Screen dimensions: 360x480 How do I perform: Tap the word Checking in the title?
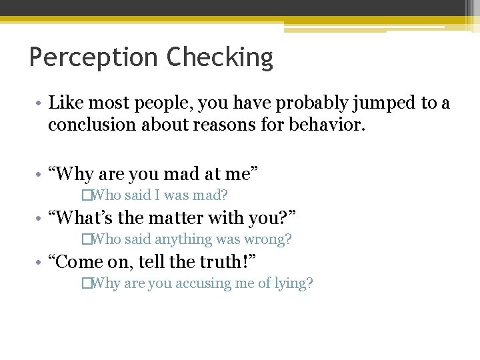[220, 58]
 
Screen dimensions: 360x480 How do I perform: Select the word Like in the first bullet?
[65, 103]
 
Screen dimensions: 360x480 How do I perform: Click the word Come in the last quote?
[78, 261]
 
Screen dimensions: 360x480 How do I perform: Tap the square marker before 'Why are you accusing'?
[85, 283]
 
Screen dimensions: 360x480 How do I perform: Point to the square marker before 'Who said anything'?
[85, 239]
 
